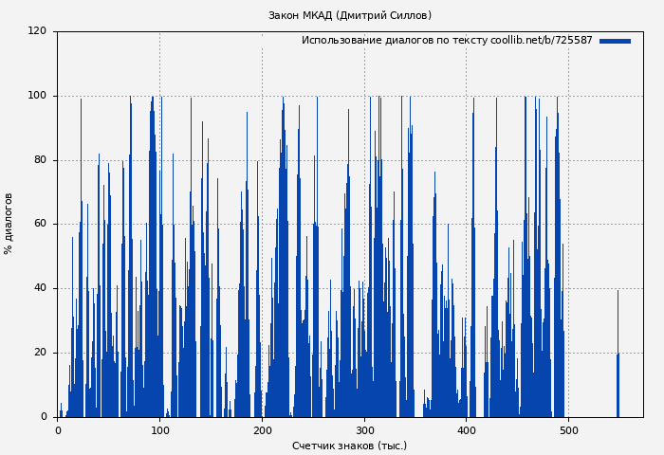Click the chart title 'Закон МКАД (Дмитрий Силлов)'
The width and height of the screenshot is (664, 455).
point(349,15)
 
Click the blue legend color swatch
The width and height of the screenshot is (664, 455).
point(615,41)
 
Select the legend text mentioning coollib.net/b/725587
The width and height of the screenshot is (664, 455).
point(447,41)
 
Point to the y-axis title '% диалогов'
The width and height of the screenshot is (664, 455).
point(9,224)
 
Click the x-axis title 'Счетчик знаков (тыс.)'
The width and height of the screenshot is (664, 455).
point(349,446)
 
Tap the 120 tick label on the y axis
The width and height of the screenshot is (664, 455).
point(37,31)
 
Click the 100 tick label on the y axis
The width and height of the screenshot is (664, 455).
point(37,96)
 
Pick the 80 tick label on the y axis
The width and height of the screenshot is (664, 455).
point(40,160)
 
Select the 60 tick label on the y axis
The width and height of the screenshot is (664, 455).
point(40,224)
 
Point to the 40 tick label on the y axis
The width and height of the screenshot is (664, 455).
point(40,288)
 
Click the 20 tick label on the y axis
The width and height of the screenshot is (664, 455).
point(40,353)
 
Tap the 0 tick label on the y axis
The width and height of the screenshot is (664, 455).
point(43,416)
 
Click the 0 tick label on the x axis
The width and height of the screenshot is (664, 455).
point(58,430)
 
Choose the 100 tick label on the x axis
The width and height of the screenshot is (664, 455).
point(159,430)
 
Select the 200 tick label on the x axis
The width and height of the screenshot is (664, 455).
point(262,430)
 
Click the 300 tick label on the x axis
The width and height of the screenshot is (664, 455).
point(364,430)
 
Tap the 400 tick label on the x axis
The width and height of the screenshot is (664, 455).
point(466,430)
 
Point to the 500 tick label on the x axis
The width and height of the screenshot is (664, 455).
point(568,430)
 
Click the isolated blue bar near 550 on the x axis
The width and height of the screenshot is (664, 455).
point(618,384)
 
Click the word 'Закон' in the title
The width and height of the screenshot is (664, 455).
point(285,15)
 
